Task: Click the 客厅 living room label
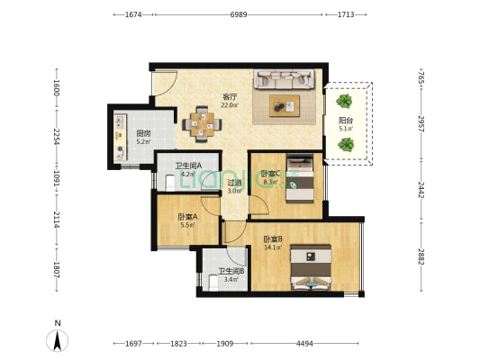pos(230,97)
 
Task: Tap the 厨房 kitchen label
pos(143,134)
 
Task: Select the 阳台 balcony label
pos(346,121)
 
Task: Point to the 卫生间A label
pos(188,166)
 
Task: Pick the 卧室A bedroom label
pos(187,217)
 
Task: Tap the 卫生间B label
pos(231,271)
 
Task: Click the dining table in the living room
pos(202,124)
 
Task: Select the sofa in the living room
pos(285,79)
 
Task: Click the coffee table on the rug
pos(285,106)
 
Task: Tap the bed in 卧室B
pos(311,267)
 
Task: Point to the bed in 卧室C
pos(300,178)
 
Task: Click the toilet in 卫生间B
pos(213,283)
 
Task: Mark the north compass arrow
pos(58,340)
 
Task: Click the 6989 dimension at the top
pos(239,14)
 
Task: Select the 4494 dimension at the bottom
pos(304,344)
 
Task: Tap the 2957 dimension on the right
pos(421,123)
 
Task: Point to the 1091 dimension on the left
pos(57,177)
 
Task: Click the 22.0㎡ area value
pos(230,105)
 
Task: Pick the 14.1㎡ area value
pos(273,247)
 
